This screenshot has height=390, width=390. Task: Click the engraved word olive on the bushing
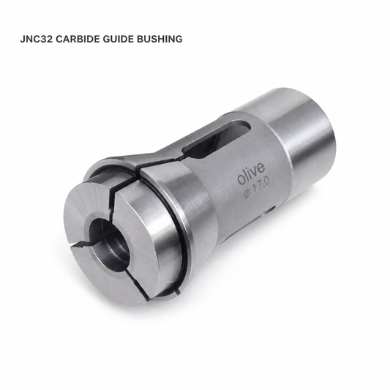click(251, 174)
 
